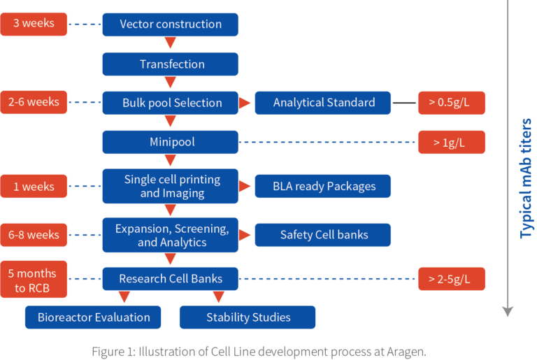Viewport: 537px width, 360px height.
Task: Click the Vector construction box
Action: (170, 24)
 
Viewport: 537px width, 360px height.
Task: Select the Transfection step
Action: (170, 64)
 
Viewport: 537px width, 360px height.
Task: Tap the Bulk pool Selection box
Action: (170, 103)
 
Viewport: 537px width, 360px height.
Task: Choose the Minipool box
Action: (170, 142)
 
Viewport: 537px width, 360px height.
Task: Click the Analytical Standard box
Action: (322, 103)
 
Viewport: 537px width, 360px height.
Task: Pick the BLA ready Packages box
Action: (322, 186)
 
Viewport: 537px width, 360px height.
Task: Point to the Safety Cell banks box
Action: (322, 235)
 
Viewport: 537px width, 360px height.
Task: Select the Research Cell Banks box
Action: (170, 279)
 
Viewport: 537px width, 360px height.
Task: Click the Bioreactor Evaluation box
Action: (93, 317)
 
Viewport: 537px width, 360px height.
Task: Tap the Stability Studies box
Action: (248, 317)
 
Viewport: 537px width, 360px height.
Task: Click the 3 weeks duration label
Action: (34, 24)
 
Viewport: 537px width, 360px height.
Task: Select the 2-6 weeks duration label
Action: (34, 102)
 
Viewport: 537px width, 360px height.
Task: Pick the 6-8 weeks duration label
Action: (34, 235)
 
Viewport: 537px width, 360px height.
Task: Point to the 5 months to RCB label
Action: (34, 279)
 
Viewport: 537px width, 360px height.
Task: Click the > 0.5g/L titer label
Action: (452, 103)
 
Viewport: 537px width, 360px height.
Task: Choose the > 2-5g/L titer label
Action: (452, 279)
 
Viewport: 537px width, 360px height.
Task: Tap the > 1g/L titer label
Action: (452, 142)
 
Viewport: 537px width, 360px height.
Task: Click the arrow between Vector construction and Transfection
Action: (170, 42)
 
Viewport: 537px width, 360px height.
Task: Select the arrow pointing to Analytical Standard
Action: (245, 103)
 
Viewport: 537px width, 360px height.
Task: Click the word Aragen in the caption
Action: (406, 352)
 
